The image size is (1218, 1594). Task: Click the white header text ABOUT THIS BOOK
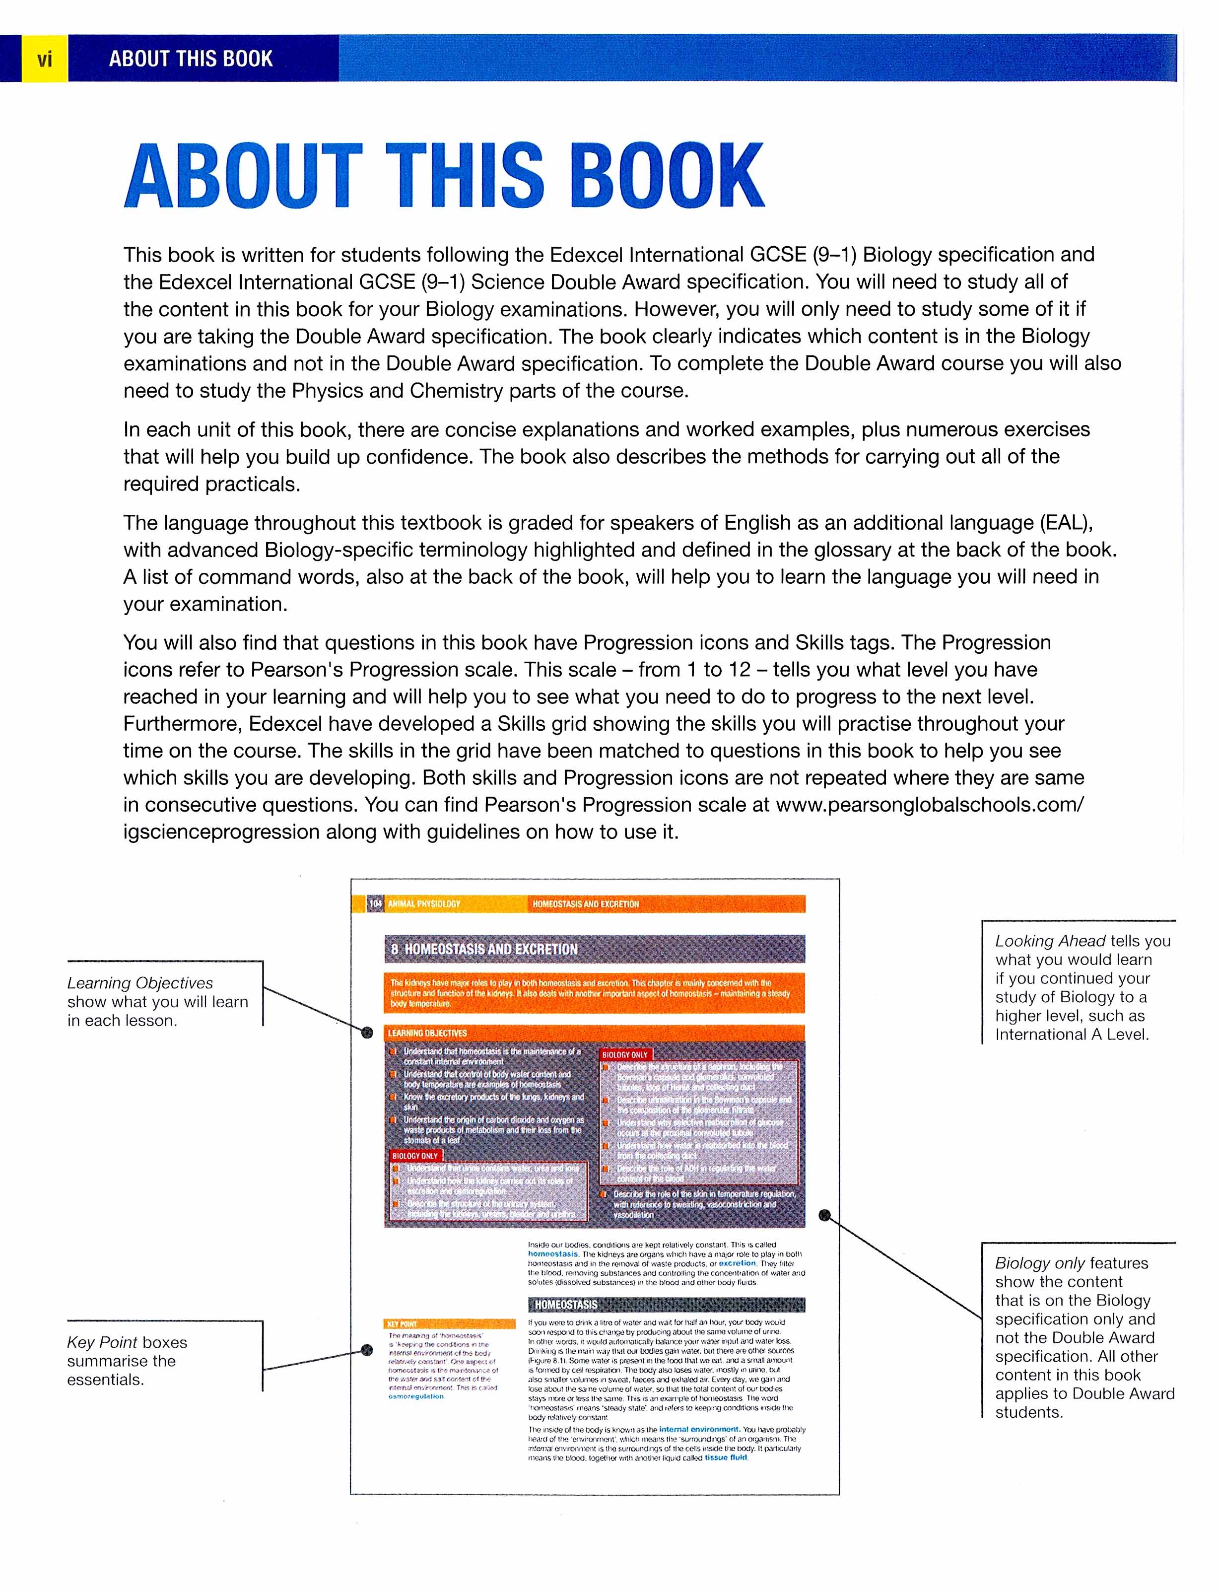pos(191,59)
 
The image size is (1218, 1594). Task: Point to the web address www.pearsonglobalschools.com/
pos(930,805)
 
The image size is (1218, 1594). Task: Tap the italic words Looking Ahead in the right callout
pos(1050,941)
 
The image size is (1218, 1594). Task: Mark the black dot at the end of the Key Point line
pos(367,1350)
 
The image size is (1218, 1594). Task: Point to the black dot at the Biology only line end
pos(824,1215)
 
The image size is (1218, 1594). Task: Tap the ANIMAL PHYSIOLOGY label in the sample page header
pos(424,903)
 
